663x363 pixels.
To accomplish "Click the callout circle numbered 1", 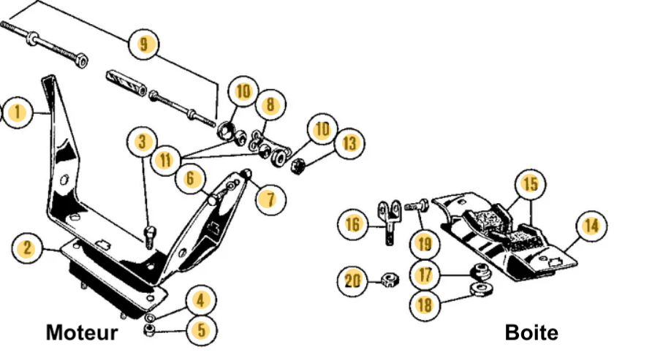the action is coord(18,112).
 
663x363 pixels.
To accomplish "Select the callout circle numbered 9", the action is coord(144,44).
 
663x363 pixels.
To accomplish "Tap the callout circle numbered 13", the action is coord(349,143).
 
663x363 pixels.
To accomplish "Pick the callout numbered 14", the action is coord(591,226).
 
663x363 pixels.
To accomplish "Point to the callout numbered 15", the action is coord(530,184).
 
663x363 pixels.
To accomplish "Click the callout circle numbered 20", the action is coord(352,280).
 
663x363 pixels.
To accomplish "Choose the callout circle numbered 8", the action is coord(270,104).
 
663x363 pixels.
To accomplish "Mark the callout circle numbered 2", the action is coord(28,248).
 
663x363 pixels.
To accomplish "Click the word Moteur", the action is coord(82,332).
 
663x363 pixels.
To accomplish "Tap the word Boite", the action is coord(531,332).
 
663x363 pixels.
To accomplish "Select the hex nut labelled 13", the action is coord(298,166).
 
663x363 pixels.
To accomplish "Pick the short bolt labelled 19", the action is coord(417,206).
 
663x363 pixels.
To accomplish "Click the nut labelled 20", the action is coord(389,280).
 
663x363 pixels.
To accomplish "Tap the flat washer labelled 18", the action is coord(481,289).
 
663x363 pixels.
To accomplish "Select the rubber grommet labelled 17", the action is coord(481,272).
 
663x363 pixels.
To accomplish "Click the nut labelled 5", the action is coord(149,330).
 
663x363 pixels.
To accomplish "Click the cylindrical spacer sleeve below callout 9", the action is coord(126,83).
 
